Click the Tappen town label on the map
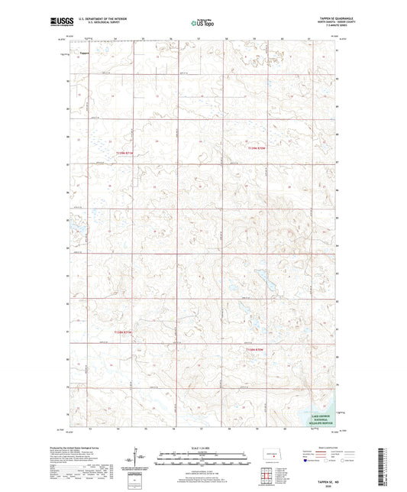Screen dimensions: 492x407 85,53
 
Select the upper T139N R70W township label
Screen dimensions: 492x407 260,147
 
